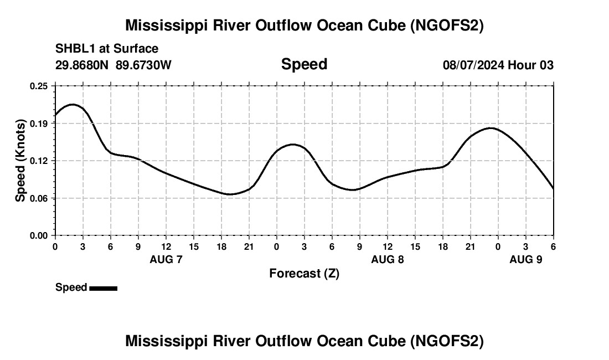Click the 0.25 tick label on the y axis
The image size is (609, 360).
click(x=39, y=86)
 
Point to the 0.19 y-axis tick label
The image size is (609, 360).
click(x=39, y=124)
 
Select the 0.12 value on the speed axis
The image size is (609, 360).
click(x=39, y=161)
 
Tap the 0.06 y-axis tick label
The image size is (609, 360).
click(x=39, y=198)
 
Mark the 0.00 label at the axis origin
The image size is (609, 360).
click(x=39, y=235)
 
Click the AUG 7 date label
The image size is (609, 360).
click(x=166, y=259)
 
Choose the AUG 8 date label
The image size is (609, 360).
click(x=388, y=259)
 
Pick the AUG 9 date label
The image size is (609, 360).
click(x=526, y=259)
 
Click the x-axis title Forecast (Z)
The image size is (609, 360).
click(x=304, y=273)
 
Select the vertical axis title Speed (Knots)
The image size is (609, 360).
click(x=20, y=161)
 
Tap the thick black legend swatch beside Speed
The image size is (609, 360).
click(x=103, y=288)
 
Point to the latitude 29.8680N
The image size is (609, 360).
click(x=83, y=65)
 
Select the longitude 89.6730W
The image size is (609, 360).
click(x=144, y=65)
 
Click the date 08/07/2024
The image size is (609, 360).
click(x=473, y=65)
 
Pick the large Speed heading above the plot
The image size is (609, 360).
click(x=304, y=64)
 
